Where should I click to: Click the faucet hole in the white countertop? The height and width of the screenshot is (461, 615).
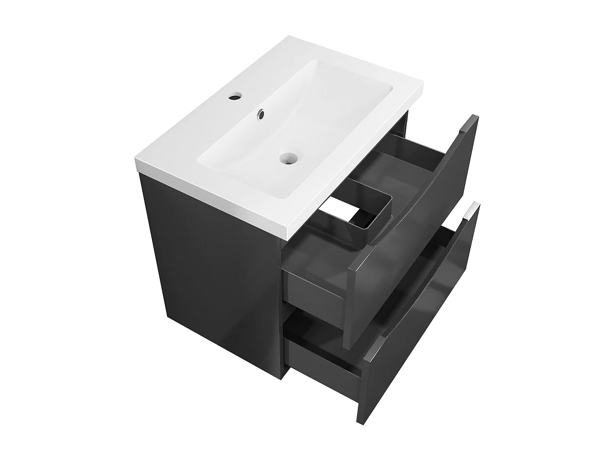[235, 98]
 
